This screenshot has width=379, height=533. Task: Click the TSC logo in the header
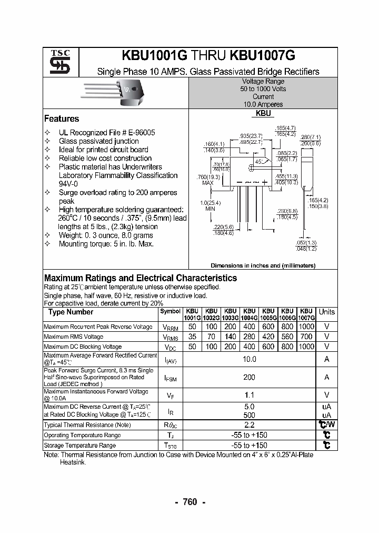pyautogui.click(x=56, y=62)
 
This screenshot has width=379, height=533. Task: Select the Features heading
pyautogui.click(x=62, y=119)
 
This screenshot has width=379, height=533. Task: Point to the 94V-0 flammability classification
pyautogui.click(x=68, y=184)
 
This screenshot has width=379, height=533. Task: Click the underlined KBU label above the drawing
pyautogui.click(x=263, y=113)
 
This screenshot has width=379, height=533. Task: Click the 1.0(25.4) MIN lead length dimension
pyautogui.click(x=210, y=205)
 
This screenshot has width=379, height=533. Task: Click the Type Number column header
pyautogui.click(x=71, y=312)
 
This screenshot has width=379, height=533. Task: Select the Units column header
pyautogui.click(x=326, y=312)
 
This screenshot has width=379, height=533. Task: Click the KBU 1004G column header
pyautogui.click(x=250, y=314)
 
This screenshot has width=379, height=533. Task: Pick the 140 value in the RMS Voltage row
pyautogui.click(x=231, y=337)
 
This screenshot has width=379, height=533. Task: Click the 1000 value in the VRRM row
pyautogui.click(x=306, y=327)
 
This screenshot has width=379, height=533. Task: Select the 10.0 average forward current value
pyautogui.click(x=249, y=359)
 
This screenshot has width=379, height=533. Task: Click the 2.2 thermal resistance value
pyautogui.click(x=249, y=425)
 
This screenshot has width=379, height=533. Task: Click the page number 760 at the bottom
pyautogui.click(x=189, y=502)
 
